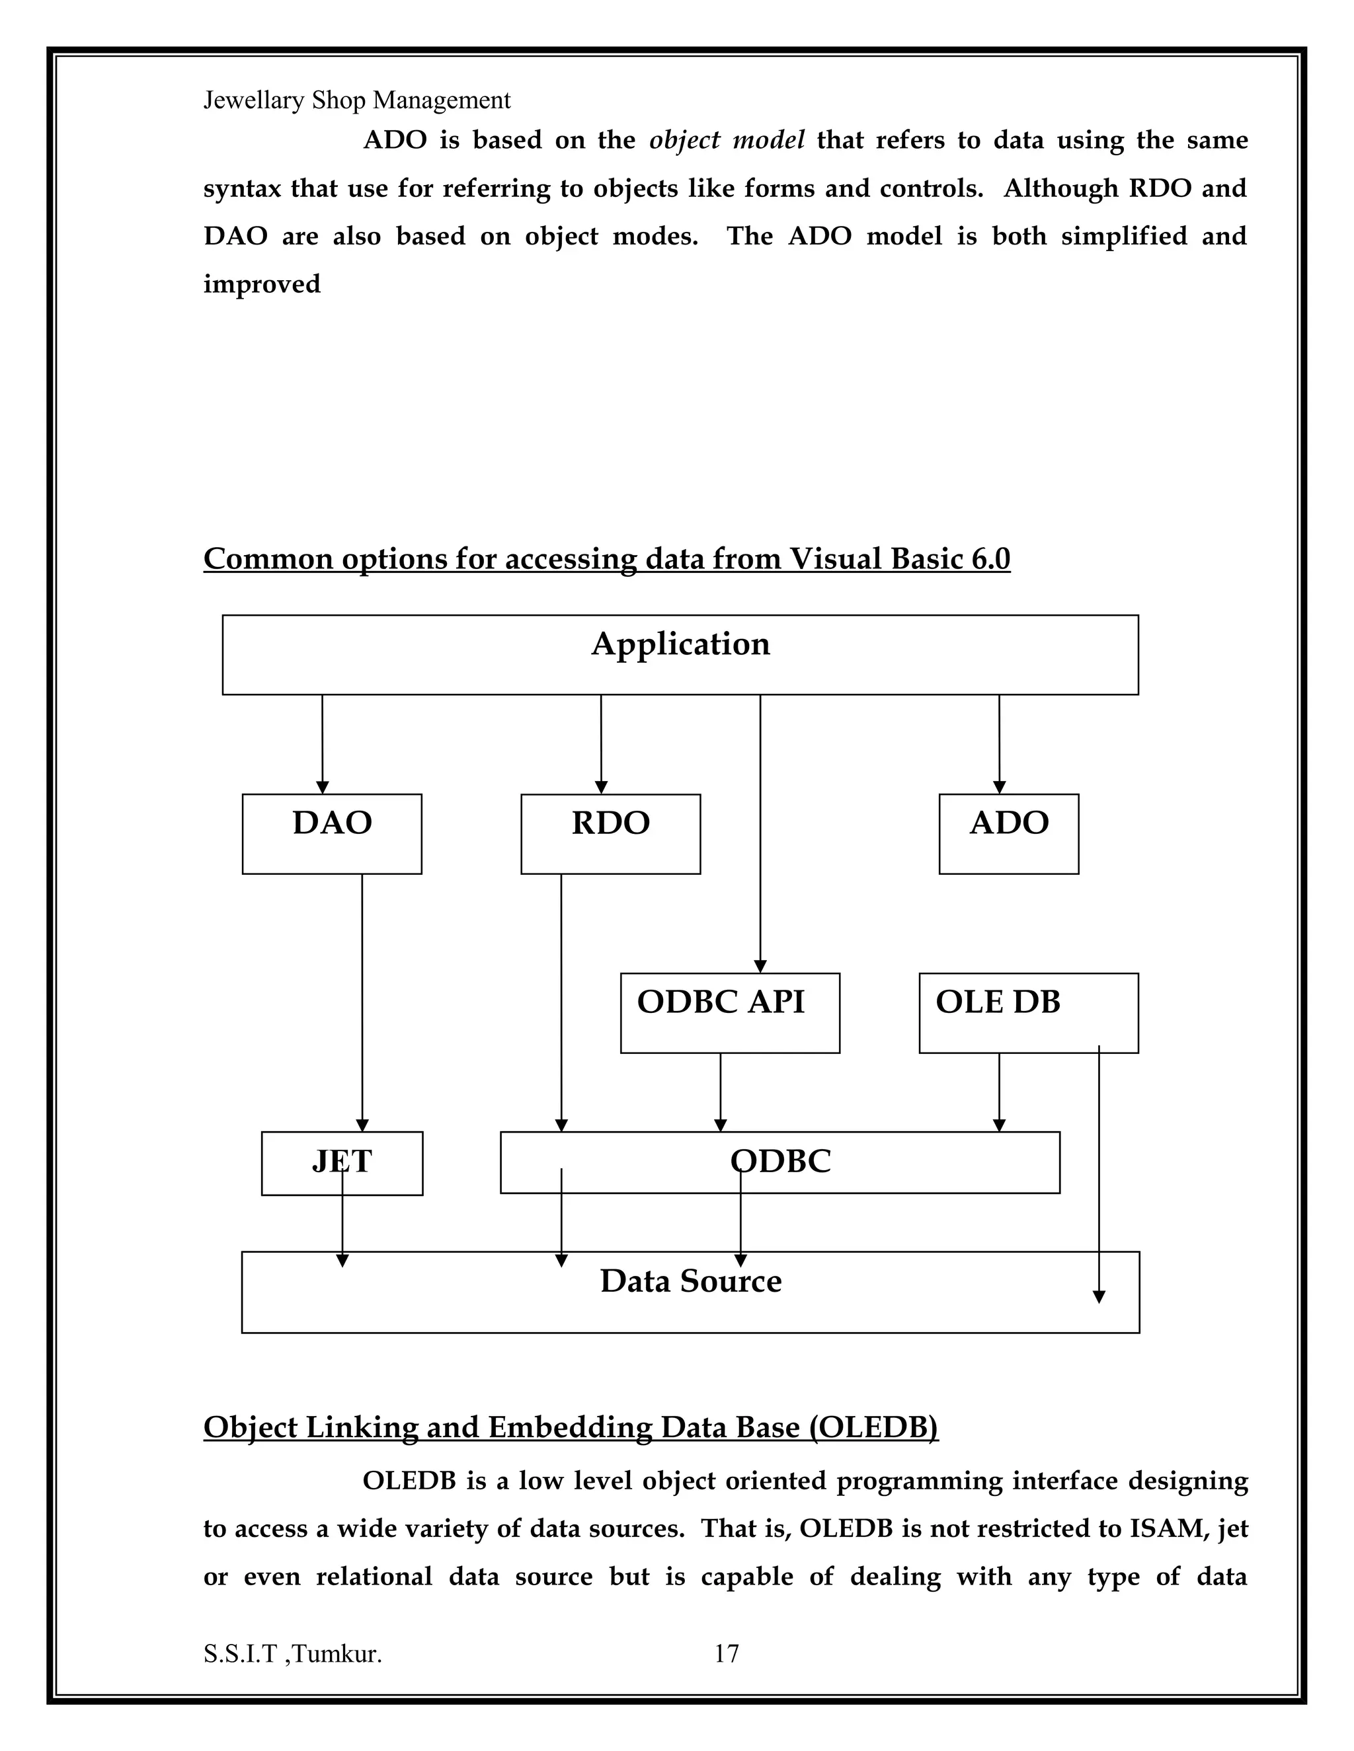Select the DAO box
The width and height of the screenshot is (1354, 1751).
pyautogui.click(x=332, y=833)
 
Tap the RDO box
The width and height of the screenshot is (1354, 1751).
pyautogui.click(x=610, y=833)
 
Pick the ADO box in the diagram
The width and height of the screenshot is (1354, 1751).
pyautogui.click(x=1008, y=833)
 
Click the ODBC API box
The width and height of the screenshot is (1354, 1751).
pyautogui.click(x=729, y=1012)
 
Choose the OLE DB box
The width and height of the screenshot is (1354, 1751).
pyautogui.click(x=1027, y=1012)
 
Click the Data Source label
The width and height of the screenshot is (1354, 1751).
pyautogui.click(x=691, y=1281)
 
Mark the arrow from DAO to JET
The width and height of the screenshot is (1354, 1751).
pyautogui.click(x=362, y=1002)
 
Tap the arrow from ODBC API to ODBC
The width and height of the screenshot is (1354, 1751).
pyautogui.click(x=721, y=1092)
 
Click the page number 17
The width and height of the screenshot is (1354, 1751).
pyautogui.click(x=727, y=1653)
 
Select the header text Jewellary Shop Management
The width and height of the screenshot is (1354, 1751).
pyautogui.click(x=357, y=100)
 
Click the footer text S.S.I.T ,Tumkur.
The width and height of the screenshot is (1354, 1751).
pyautogui.click(x=293, y=1653)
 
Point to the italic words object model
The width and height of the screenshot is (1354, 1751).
pyautogui.click(x=727, y=140)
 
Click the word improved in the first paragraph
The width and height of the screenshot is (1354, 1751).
pyautogui.click(x=262, y=284)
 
